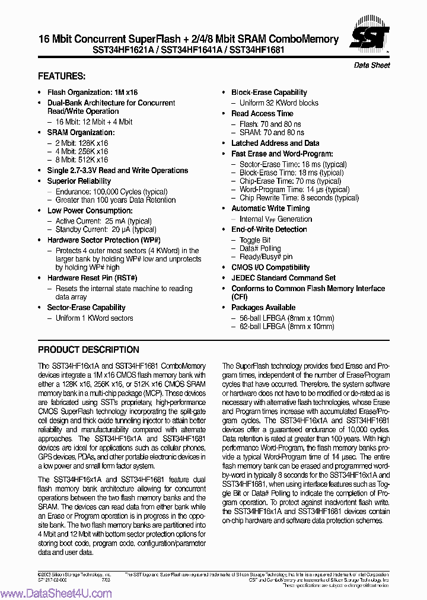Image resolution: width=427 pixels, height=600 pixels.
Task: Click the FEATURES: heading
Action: pyautogui.click(x=62, y=76)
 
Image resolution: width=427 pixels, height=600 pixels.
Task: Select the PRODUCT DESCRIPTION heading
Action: pyautogui.click(x=88, y=350)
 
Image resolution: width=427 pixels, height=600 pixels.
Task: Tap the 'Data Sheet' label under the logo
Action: pyautogui.click(x=372, y=65)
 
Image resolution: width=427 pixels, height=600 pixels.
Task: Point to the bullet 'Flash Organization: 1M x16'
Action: pyautogui.click(x=92, y=92)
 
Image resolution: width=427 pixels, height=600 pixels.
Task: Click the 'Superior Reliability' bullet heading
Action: pyautogui.click(x=79, y=181)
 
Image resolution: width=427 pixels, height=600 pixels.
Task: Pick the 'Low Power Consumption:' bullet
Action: pyautogui.click(x=90, y=210)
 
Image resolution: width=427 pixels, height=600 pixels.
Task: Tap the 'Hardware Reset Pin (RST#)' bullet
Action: pyautogui.click(x=92, y=278)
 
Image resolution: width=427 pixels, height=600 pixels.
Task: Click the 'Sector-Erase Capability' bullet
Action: pyautogui.click(x=86, y=308)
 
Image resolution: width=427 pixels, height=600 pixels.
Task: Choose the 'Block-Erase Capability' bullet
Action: pyautogui.click(x=269, y=92)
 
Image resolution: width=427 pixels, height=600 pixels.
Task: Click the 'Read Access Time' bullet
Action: pyautogui.click(x=262, y=113)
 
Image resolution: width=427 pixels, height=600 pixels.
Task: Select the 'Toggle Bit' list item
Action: pyautogui.click(x=255, y=240)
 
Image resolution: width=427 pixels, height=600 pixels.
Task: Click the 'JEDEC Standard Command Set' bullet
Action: pyautogui.click(x=283, y=277)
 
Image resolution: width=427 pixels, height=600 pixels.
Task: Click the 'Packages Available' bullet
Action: pyautogui.click(x=263, y=308)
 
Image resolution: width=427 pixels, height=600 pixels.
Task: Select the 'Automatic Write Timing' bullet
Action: pyautogui.click(x=270, y=208)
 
